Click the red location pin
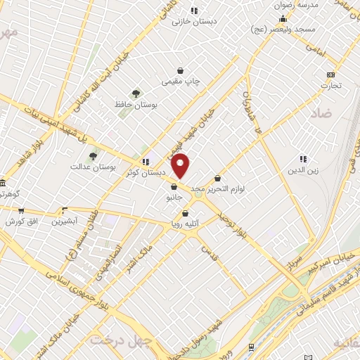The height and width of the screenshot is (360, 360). point(181,165)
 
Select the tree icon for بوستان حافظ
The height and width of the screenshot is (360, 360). point(136,93)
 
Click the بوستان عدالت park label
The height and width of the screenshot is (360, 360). point(92,167)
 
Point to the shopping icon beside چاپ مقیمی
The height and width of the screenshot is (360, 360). point(181,70)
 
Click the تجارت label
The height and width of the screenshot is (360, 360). point(330,86)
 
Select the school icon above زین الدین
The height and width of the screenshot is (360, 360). point(303,160)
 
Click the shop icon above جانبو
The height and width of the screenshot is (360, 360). point(173,186)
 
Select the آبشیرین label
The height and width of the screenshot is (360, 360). point(65,221)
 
